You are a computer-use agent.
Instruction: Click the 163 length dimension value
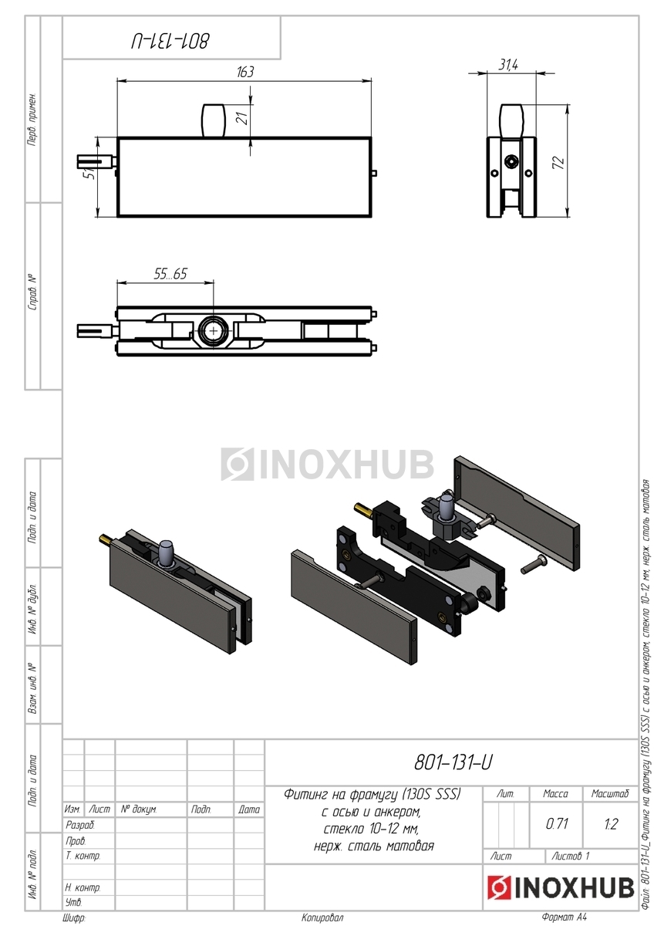point(245,72)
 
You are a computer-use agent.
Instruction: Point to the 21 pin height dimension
point(244,119)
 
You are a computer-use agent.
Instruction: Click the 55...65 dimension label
point(170,274)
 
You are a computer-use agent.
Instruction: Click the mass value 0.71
point(557,823)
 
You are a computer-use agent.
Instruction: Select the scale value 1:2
point(611,823)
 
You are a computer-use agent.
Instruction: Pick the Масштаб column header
point(610,793)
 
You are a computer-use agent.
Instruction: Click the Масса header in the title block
point(555,793)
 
